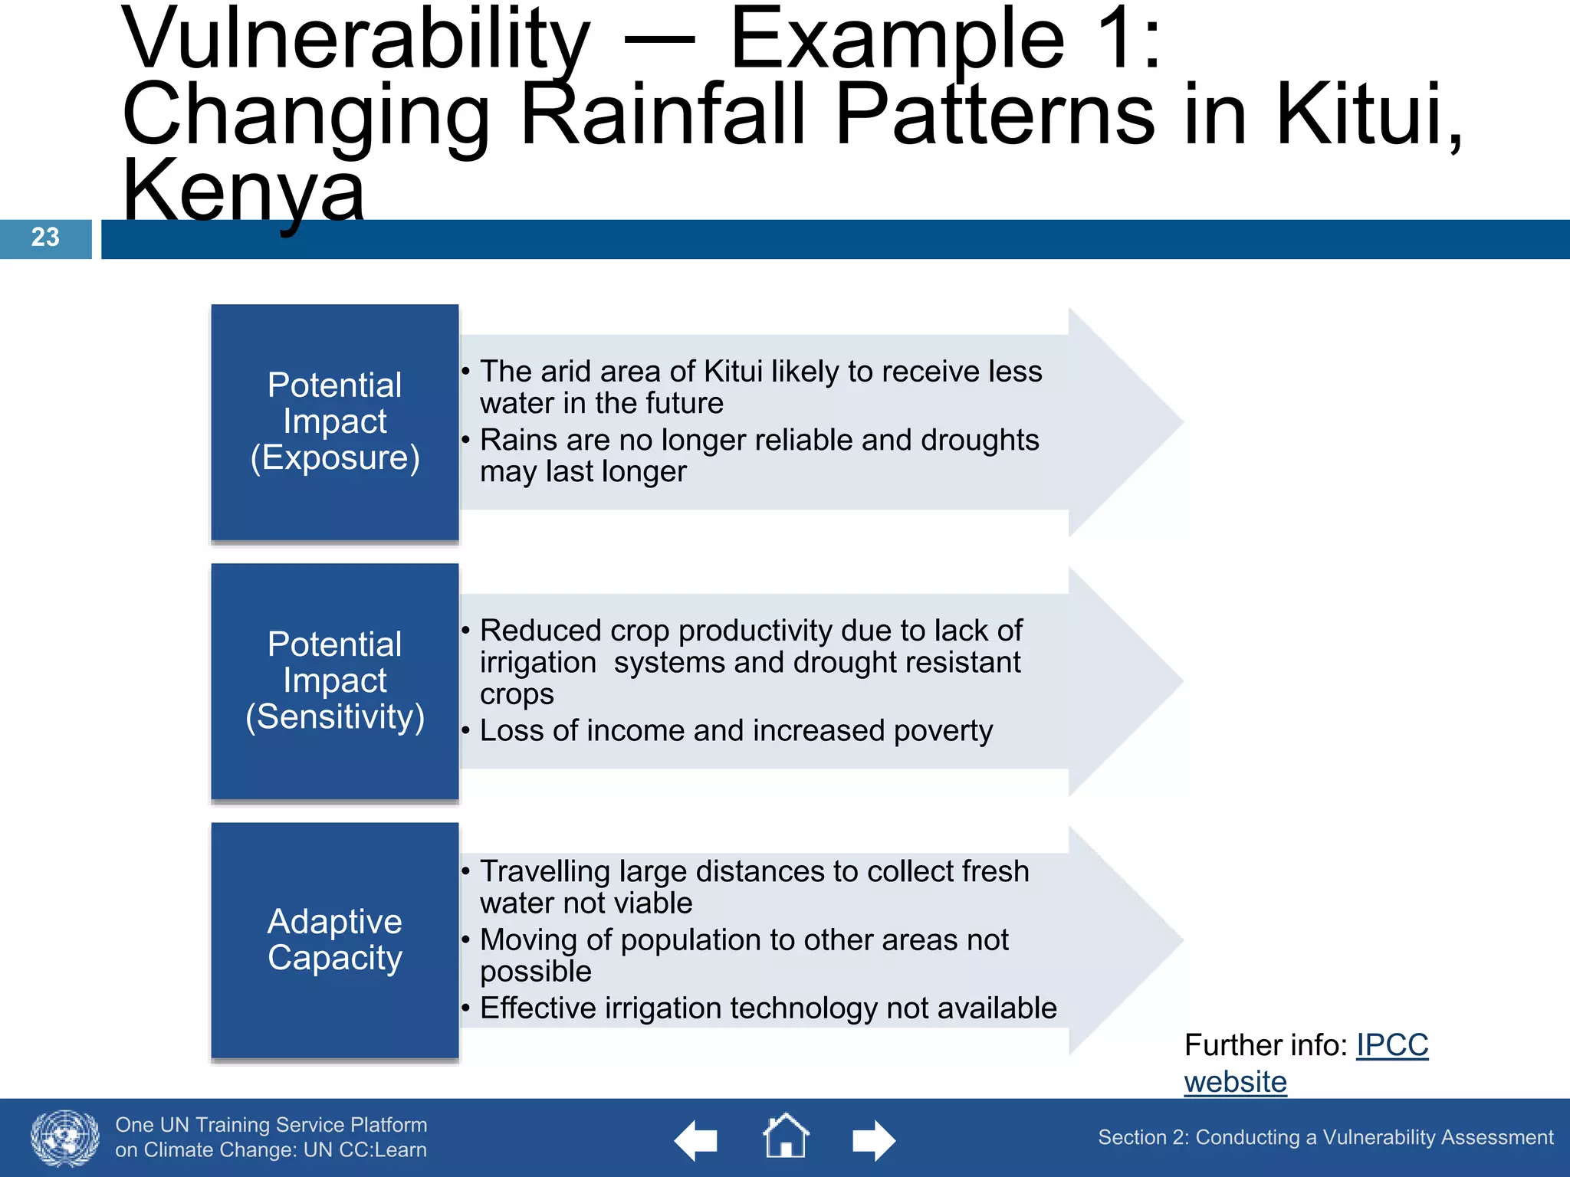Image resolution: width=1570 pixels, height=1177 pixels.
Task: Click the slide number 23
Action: tap(45, 237)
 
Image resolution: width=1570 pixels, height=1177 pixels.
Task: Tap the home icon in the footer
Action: tap(785, 1137)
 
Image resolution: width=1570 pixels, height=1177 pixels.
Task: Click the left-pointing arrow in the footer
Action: tap(695, 1140)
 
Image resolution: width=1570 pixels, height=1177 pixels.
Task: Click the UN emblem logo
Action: tap(65, 1138)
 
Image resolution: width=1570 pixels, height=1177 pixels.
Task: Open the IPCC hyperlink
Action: tap(1391, 1045)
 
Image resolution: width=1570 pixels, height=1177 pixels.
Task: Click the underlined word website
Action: tap(1235, 1082)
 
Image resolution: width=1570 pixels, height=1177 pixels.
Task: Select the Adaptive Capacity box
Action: tap(335, 940)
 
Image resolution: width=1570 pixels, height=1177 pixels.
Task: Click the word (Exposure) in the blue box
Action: tap(335, 457)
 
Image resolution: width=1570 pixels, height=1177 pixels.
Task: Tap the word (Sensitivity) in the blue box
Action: tap(335, 717)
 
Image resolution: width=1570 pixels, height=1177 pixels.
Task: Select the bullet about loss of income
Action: tap(735, 731)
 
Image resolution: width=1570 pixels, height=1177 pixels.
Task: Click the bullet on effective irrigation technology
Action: tap(767, 1008)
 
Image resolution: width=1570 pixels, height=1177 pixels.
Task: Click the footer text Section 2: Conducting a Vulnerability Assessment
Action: tap(1325, 1137)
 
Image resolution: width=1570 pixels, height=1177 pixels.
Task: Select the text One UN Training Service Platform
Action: tap(271, 1125)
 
